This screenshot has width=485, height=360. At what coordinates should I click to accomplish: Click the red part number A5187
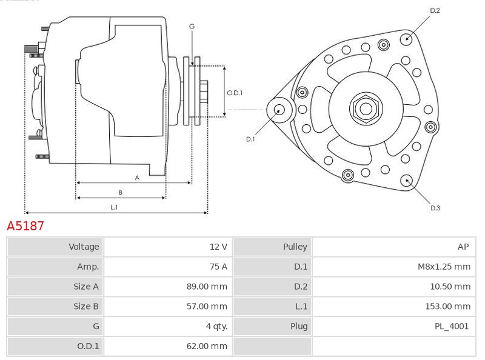click(x=25, y=226)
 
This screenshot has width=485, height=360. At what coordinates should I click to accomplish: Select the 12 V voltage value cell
click(x=218, y=247)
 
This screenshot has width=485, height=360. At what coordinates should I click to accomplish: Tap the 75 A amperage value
click(x=218, y=267)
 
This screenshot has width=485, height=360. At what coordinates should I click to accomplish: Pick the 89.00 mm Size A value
click(x=207, y=287)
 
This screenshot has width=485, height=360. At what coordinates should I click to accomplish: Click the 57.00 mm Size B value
click(x=207, y=307)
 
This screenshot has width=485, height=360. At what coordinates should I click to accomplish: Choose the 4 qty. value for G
click(x=216, y=327)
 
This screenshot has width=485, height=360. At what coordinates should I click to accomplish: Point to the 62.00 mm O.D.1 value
click(x=207, y=347)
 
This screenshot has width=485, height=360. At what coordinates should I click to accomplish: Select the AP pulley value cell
click(x=463, y=247)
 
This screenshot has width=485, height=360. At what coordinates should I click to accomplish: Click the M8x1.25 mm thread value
click(x=444, y=267)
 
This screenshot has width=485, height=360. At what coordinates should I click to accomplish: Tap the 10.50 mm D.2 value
click(x=450, y=287)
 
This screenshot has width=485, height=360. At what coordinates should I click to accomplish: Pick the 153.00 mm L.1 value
click(x=447, y=307)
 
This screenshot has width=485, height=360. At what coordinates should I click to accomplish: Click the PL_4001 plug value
click(x=452, y=327)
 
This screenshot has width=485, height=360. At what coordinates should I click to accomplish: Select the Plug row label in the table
click(x=299, y=327)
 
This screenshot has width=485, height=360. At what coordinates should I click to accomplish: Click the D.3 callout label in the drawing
click(x=435, y=208)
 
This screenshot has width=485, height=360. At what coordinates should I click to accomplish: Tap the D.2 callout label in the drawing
click(x=435, y=10)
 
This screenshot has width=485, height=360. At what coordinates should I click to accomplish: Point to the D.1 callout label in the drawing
click(x=250, y=139)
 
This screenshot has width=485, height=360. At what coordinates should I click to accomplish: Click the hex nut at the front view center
click(x=366, y=109)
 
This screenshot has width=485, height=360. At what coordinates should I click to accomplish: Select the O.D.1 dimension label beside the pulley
click(x=235, y=93)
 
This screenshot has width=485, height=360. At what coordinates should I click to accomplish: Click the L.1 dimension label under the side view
click(x=114, y=207)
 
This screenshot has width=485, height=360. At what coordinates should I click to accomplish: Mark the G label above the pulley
click(x=192, y=26)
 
